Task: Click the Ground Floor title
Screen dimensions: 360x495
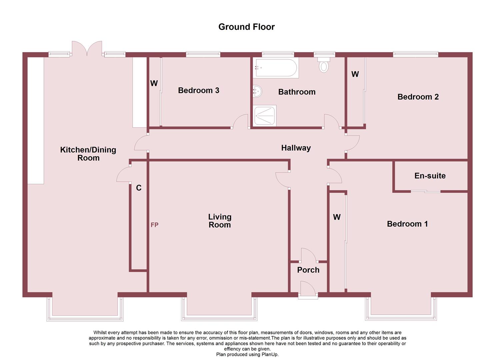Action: coord(246,27)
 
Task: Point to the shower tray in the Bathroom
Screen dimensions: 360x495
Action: coord(265,116)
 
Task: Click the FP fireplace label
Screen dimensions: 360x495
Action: coord(154,225)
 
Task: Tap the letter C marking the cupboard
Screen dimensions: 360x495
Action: coord(139,188)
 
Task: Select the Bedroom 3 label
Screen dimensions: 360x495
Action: coord(199,90)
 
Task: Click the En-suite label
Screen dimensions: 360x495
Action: coord(430,176)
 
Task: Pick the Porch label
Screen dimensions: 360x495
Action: coord(308,270)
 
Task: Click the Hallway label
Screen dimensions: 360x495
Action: coord(296,148)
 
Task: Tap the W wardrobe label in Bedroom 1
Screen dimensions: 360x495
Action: coord(337,217)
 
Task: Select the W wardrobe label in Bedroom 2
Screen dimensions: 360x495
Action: coord(355,74)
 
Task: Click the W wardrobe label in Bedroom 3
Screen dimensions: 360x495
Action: coord(154,83)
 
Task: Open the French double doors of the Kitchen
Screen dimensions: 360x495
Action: coord(87,49)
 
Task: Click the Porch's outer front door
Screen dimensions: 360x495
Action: coord(308,289)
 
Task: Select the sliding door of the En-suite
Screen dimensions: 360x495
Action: coord(425,191)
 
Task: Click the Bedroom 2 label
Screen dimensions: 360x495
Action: coord(418,97)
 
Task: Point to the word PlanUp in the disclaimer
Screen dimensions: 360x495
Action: coord(270,354)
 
